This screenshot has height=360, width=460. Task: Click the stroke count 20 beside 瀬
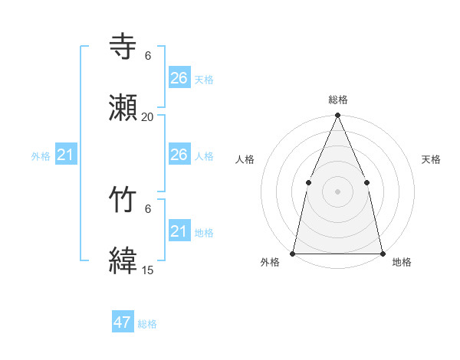(148, 117)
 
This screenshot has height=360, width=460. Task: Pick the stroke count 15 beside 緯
(148, 270)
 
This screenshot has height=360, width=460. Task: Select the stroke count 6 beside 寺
(148, 56)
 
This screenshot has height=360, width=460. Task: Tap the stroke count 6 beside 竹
(148, 209)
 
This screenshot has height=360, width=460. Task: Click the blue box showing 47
(123, 322)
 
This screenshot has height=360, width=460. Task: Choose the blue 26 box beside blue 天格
(179, 78)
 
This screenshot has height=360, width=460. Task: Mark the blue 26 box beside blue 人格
(179, 155)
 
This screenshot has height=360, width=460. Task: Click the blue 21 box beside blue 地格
(179, 231)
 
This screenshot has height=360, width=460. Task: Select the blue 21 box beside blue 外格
(66, 155)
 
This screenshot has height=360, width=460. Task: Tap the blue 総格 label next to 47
(147, 324)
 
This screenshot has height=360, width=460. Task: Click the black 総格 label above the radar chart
(338, 100)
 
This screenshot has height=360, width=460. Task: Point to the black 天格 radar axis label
(432, 159)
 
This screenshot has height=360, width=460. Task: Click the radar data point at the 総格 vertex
(338, 116)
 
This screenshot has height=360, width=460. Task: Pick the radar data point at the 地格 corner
(383, 253)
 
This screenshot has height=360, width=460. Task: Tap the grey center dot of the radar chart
(338, 191)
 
